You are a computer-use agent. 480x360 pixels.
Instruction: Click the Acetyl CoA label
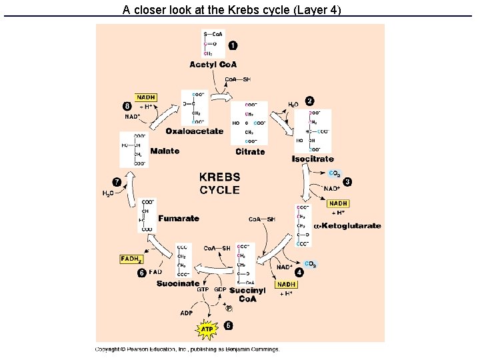pyautogui.click(x=213, y=65)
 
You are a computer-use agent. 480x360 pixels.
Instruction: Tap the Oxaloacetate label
pyautogui.click(x=195, y=131)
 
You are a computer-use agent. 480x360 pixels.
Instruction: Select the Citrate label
pyautogui.click(x=250, y=152)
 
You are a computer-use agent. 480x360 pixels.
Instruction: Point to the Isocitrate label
pyautogui.click(x=313, y=159)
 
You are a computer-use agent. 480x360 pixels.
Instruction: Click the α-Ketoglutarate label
pyautogui.click(x=347, y=226)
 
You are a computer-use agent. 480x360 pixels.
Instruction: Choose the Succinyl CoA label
pyautogui.click(x=247, y=294)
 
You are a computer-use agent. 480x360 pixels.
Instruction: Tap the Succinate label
pyautogui.click(x=178, y=283)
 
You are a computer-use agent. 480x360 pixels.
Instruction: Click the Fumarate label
pyautogui.click(x=179, y=218)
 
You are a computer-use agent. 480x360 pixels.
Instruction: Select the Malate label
pyautogui.click(x=165, y=151)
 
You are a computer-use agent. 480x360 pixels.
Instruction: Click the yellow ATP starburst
pyautogui.click(x=207, y=329)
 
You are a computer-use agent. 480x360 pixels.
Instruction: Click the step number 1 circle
pyautogui.click(x=232, y=45)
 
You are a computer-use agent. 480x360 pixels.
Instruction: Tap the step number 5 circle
pyautogui.click(x=228, y=325)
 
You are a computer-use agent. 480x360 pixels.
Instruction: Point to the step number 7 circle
pyautogui.click(x=117, y=181)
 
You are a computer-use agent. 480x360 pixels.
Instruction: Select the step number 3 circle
pyautogui.click(x=347, y=181)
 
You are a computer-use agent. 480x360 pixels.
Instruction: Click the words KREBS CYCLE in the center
pyautogui.click(x=219, y=183)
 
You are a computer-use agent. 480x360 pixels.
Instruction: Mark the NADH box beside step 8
pyautogui.click(x=146, y=97)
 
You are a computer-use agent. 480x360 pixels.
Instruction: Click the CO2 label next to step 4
pyautogui.click(x=311, y=264)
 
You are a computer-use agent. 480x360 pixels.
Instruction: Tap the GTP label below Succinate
pyautogui.click(x=203, y=290)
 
